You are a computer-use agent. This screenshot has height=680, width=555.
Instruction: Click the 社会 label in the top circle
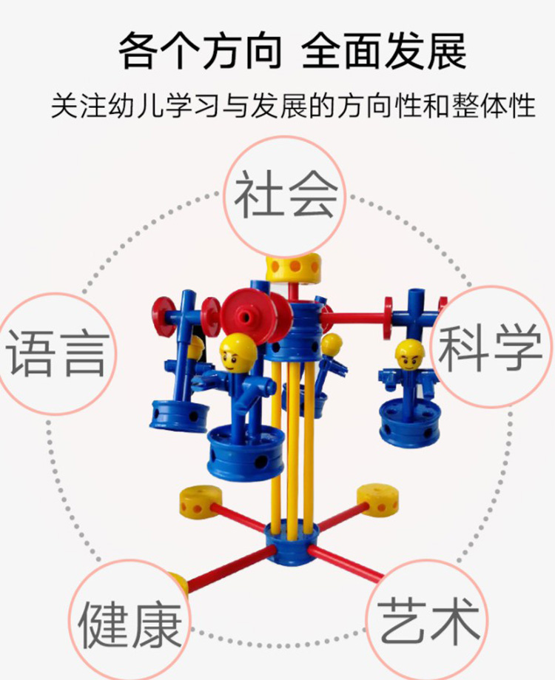[286, 195]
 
